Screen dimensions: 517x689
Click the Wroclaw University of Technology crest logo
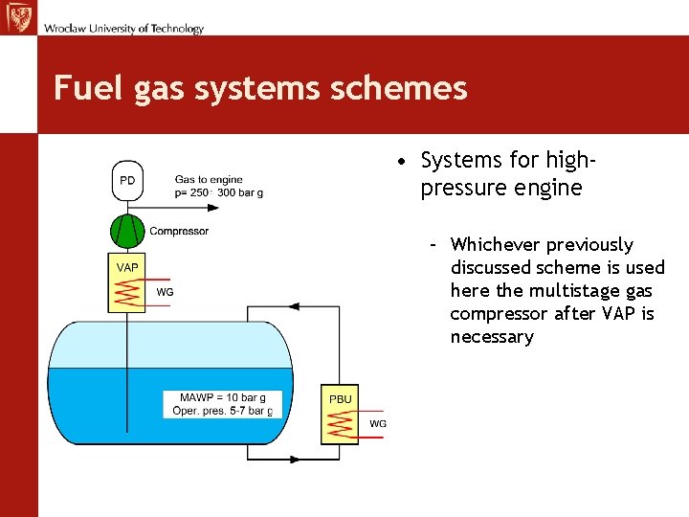pos(17,16)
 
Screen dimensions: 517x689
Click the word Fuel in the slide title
pos(78,88)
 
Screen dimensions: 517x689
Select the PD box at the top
pos(127,181)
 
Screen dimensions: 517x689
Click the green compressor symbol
pos(127,232)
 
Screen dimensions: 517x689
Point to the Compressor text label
pos(179,231)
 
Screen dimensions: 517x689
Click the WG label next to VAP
pos(165,292)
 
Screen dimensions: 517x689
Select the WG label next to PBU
pos(378,423)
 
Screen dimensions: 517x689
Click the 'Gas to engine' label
pos(209,179)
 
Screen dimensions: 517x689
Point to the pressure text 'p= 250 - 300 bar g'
pos(218,192)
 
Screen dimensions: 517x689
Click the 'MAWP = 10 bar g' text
pos(223,397)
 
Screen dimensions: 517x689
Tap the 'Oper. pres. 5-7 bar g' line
pos(222,411)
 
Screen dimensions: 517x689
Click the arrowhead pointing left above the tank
pos(294,306)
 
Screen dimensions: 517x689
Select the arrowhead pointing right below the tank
pos(294,460)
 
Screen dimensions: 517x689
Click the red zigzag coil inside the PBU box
pos(340,424)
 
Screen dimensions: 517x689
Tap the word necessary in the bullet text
pos(491,336)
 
